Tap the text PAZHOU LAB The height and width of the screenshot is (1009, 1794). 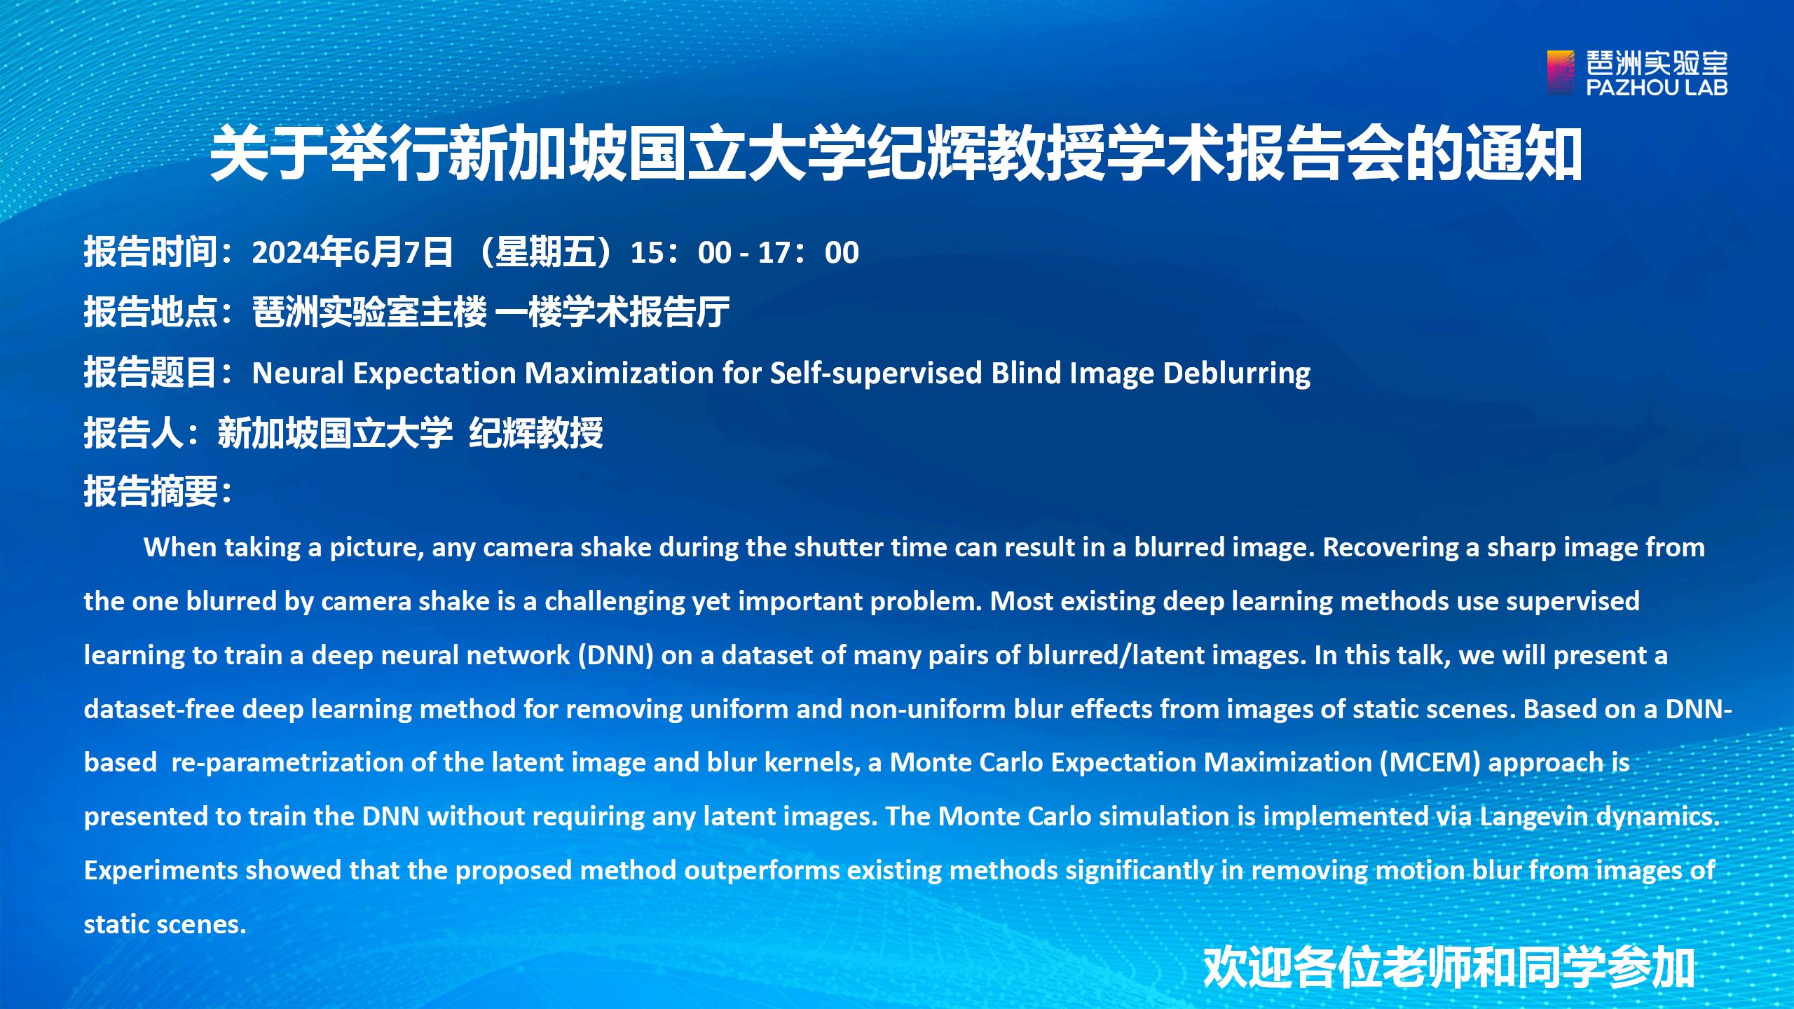pos(1657,87)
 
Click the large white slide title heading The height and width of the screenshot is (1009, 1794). pos(896,154)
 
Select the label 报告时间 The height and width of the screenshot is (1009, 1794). pos(151,252)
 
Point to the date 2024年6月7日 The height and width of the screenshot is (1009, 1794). pos(352,252)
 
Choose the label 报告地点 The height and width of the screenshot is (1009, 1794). pos(151,312)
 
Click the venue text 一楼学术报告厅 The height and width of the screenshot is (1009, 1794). pos(612,312)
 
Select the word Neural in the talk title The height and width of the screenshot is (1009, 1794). pos(298,373)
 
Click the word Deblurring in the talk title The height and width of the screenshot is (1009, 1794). pos(1237,373)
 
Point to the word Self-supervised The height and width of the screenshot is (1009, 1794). pos(876,373)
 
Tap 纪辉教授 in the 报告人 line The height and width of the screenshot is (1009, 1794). pos(536,432)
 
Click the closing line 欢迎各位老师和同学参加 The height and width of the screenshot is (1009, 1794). pos(1449,968)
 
